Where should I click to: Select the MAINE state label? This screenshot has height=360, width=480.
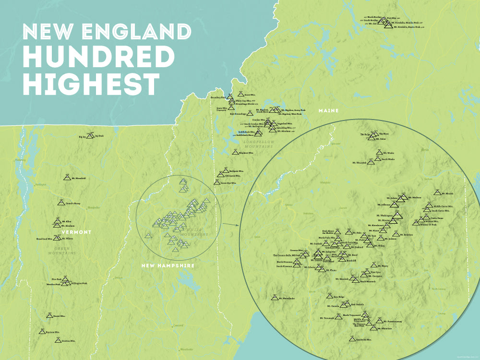(x=329, y=111)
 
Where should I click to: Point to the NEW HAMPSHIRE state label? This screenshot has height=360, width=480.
(x=168, y=265)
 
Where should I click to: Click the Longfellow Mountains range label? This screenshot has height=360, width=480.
(x=258, y=144)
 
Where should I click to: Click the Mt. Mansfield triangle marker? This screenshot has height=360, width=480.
(x=67, y=178)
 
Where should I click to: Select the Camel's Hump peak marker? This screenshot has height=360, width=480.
(x=61, y=203)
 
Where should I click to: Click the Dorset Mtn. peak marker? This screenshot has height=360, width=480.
(x=49, y=316)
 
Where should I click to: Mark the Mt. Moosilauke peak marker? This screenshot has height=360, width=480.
(x=274, y=298)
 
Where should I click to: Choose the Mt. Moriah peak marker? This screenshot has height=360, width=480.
(x=437, y=192)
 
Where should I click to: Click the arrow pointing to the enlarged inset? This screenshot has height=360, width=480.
(x=231, y=224)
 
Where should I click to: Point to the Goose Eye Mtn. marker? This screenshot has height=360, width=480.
(x=217, y=182)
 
